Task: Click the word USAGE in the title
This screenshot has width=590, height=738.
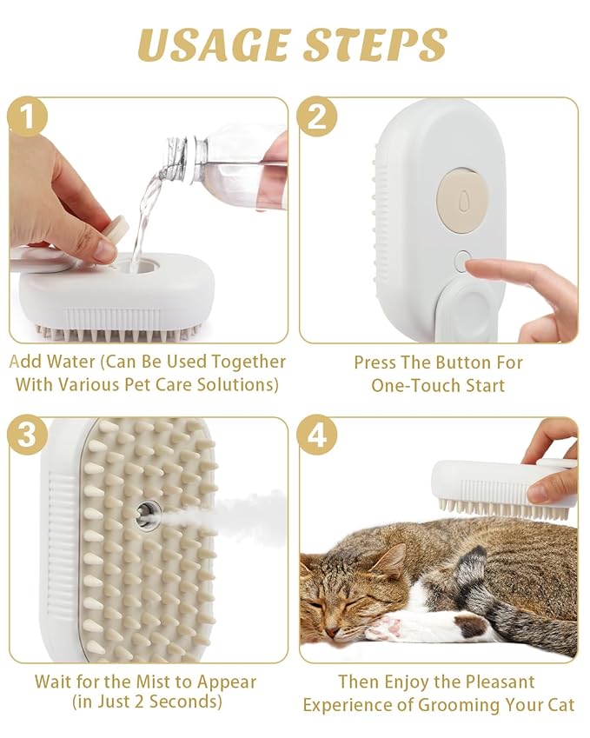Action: pyautogui.click(x=212, y=45)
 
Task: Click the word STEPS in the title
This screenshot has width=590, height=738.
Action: pyautogui.click(x=375, y=45)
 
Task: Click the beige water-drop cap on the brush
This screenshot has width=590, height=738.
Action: pyautogui.click(x=461, y=193)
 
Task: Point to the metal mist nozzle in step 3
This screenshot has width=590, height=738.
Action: pyautogui.click(x=148, y=515)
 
